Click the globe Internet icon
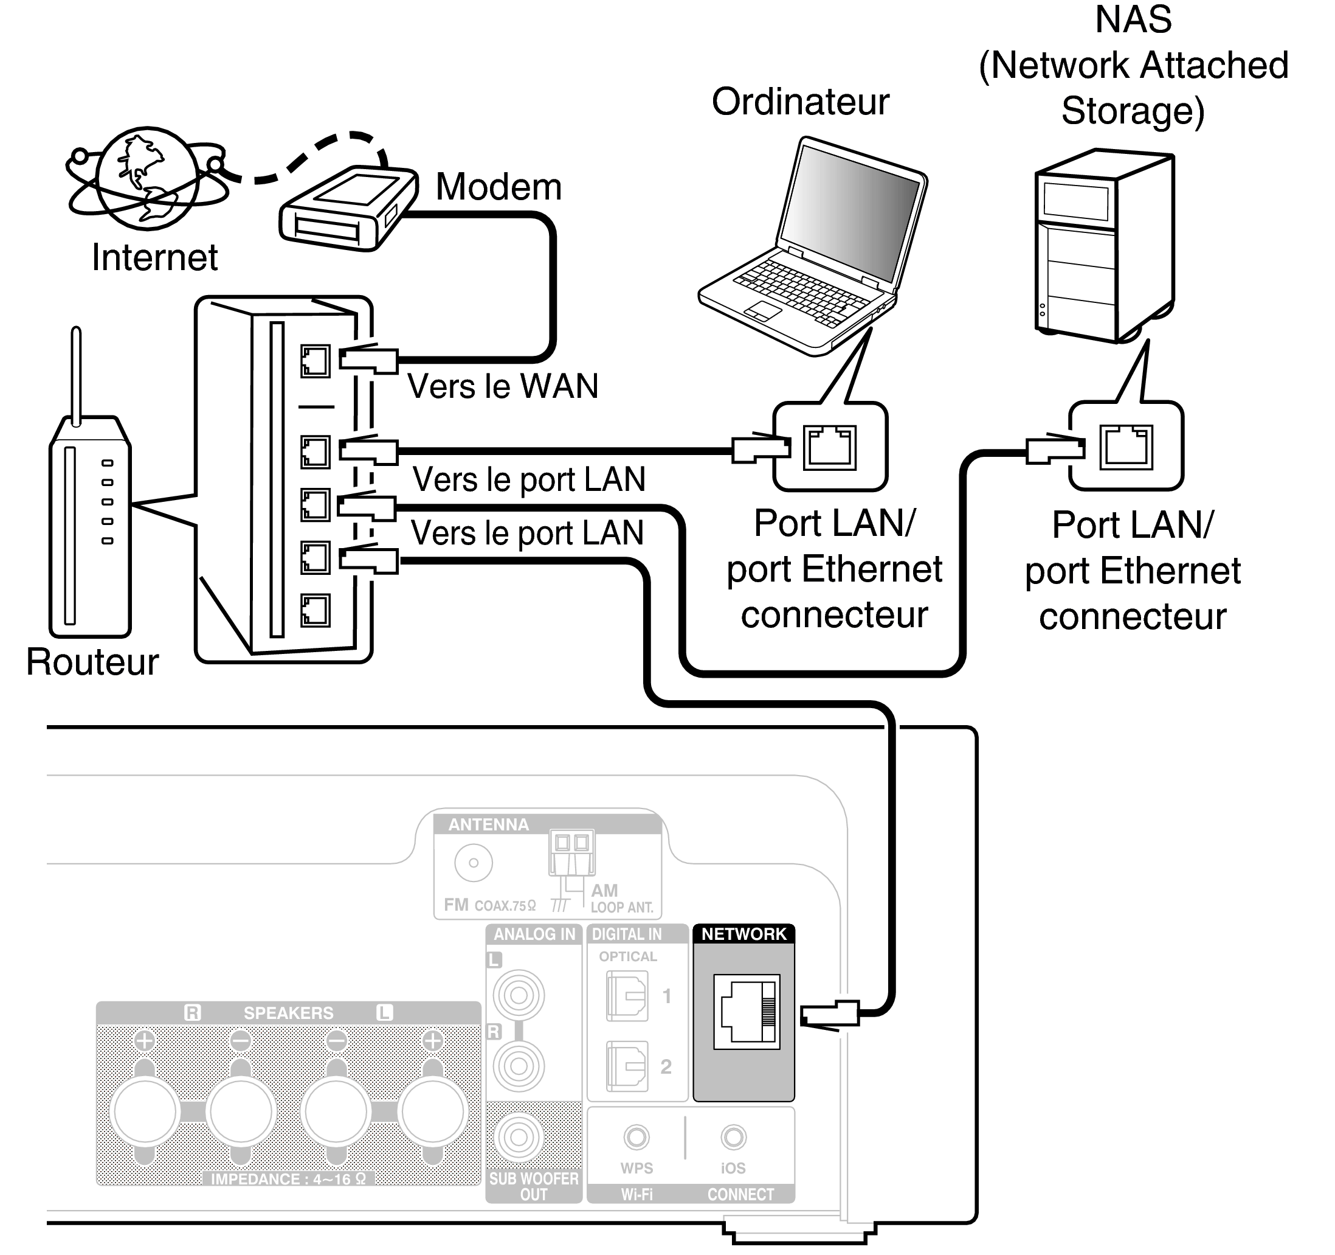147,178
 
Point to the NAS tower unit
1104,246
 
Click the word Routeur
92,662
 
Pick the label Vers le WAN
502,386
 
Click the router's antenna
77,376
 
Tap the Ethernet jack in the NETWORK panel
746,1011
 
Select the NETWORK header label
743,934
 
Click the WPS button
636,1138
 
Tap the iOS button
733,1138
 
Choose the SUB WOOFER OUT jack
519,1138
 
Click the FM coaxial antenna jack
474,863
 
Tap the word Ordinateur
800,102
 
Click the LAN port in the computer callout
830,447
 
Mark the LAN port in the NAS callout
1126,447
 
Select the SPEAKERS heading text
288,1013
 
